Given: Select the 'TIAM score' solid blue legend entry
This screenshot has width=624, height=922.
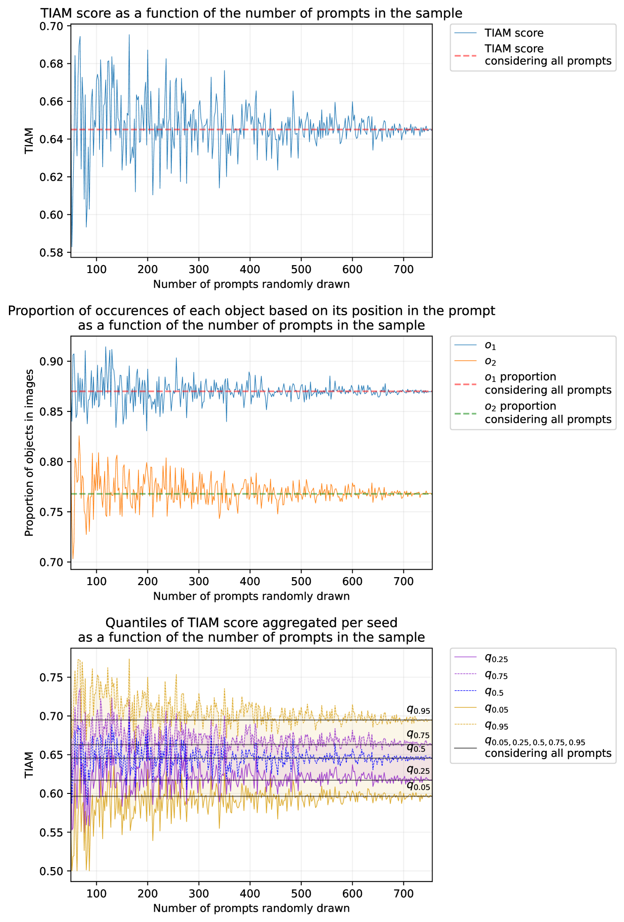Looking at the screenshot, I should click(514, 33).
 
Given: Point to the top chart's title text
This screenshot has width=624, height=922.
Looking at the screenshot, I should click(251, 13).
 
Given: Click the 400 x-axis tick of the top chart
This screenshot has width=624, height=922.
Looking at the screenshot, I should click(250, 269).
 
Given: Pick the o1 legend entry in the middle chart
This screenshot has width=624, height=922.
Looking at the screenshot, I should click(490, 346).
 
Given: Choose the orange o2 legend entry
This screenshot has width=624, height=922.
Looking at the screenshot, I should click(490, 362).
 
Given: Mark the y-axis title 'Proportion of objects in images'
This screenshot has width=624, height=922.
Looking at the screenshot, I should click(29, 453).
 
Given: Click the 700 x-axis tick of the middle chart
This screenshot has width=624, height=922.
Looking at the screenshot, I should click(403, 582).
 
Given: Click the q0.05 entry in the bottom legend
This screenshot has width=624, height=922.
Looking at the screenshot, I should click(496, 709).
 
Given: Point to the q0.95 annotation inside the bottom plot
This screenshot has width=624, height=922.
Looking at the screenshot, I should click(418, 710).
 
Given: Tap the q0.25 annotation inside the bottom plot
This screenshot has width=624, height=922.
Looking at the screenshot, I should click(418, 770).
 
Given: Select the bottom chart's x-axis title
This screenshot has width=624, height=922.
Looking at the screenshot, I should click(251, 908).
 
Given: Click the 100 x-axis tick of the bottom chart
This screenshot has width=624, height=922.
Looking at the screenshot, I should click(97, 894).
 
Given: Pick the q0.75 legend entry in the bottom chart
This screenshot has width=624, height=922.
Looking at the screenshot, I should click(496, 675).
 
